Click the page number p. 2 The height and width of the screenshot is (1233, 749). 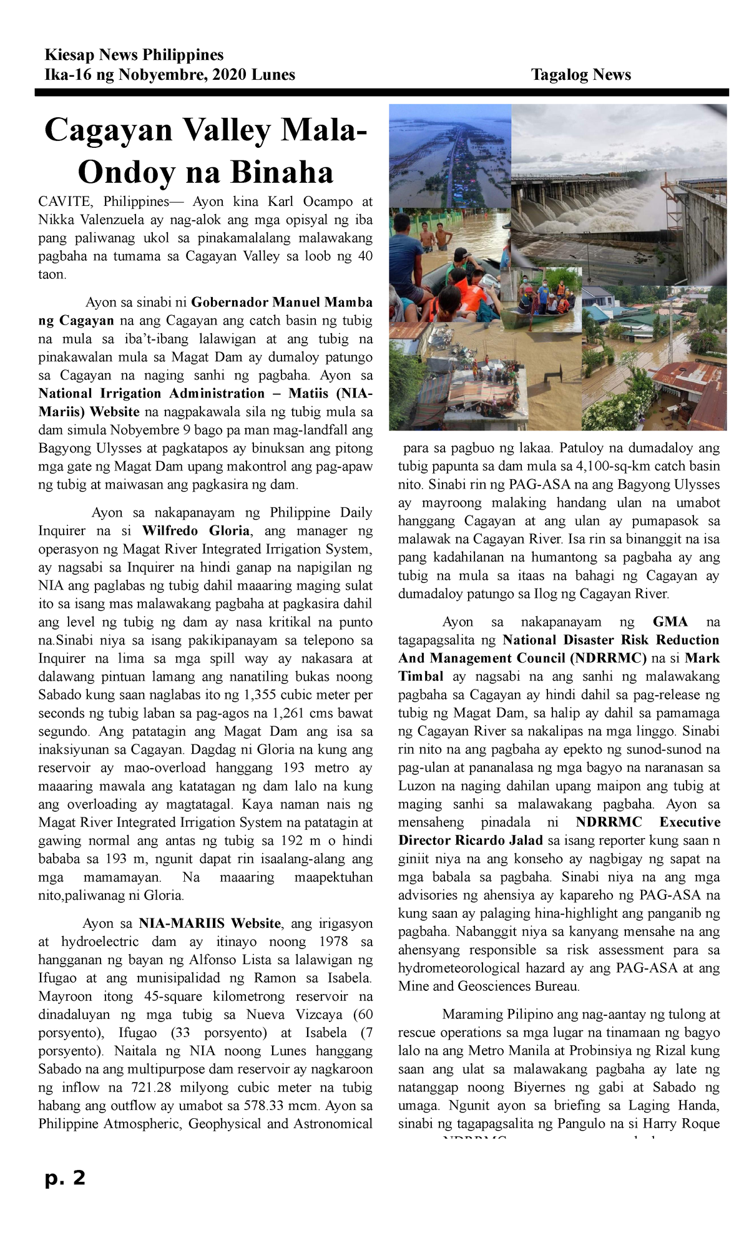(65, 1178)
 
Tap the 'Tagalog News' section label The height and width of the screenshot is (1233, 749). (580, 75)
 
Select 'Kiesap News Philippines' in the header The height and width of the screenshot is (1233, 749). (134, 55)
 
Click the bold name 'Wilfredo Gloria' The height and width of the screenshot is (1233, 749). (196, 531)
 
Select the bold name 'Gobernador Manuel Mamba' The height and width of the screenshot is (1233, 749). (281, 303)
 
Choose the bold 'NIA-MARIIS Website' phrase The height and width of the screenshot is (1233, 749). (210, 924)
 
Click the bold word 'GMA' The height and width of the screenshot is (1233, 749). (670, 622)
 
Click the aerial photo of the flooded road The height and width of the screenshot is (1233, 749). (449, 156)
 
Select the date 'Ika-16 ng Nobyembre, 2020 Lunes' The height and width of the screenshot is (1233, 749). (170, 75)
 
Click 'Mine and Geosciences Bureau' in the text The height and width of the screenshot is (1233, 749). (489, 987)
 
